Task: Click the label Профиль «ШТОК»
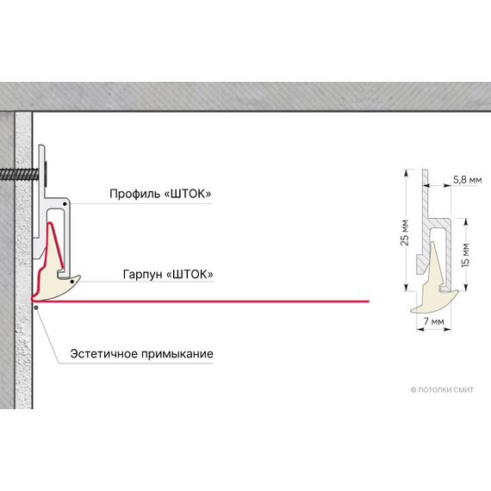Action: (160, 194)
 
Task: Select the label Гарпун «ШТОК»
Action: (168, 274)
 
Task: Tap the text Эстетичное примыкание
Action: (141, 354)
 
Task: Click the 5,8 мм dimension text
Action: (468, 180)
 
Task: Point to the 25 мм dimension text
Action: (405, 233)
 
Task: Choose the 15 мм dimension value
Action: (465, 255)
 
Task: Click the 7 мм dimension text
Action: (433, 321)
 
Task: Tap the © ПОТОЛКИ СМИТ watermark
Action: (442, 390)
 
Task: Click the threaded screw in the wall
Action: (20, 174)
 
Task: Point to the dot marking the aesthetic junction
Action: (36, 308)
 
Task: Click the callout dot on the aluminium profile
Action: (65, 204)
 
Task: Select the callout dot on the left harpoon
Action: (72, 282)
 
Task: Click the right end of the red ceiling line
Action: (369, 301)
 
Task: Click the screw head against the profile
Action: (47, 174)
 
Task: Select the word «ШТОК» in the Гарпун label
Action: (190, 274)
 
